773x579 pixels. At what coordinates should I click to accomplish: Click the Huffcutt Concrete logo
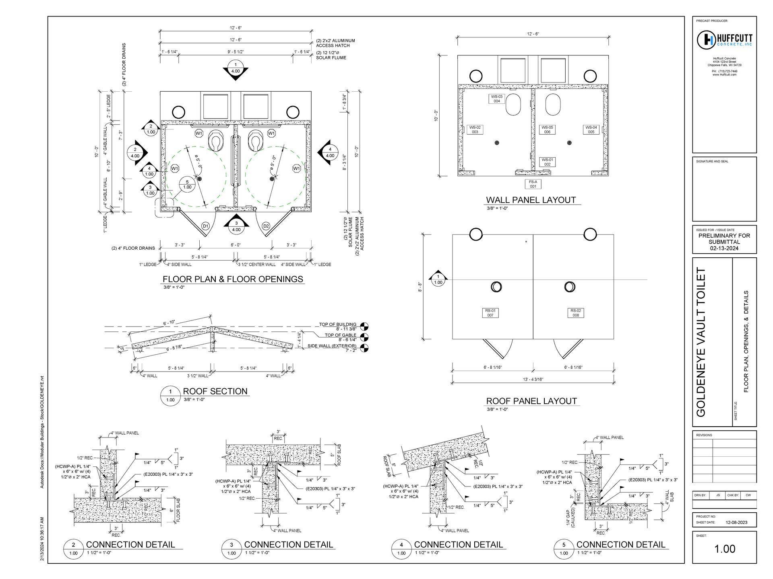point(724,39)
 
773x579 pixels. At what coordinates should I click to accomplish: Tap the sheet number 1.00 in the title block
point(724,549)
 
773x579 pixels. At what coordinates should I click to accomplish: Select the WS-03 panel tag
point(497,99)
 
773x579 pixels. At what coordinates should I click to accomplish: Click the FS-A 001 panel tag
point(533,184)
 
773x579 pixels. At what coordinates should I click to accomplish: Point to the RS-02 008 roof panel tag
point(576,313)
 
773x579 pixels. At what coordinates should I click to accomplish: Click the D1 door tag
point(205,226)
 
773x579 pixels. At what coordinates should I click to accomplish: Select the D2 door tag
point(266,226)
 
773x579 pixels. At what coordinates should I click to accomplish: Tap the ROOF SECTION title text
point(215,391)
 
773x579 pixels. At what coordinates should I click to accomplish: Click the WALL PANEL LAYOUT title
point(531,200)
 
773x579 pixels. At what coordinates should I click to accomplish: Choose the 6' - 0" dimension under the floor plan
point(236,245)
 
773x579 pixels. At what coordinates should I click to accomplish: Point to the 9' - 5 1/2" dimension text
point(236,52)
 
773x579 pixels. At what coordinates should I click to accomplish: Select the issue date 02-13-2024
point(724,248)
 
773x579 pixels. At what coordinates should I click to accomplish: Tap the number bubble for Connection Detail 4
point(401,545)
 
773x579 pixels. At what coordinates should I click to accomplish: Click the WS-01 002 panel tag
point(547,162)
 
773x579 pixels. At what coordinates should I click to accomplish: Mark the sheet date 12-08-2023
point(736,522)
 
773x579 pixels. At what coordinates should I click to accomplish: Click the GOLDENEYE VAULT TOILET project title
point(701,342)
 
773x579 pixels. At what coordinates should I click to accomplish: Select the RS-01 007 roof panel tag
point(490,313)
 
